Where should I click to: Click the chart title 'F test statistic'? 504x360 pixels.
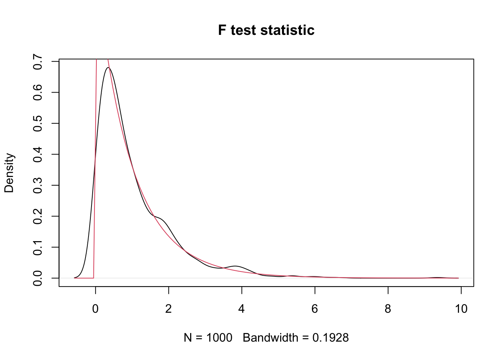266,30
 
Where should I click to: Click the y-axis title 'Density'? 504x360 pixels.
9,173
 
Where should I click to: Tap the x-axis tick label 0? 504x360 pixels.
96,309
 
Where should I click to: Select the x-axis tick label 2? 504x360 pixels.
169,309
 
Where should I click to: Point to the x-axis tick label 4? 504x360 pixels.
241,309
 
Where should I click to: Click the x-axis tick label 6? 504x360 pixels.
315,309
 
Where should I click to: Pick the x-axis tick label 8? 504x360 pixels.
388,309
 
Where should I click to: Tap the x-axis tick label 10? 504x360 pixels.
461,309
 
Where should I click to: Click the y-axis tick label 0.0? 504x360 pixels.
37,278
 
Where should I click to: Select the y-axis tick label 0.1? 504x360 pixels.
37,247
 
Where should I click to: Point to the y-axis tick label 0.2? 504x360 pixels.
37,216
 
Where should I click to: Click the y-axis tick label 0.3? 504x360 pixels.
37,185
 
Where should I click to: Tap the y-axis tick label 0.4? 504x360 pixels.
37,154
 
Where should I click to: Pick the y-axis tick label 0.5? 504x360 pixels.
37,123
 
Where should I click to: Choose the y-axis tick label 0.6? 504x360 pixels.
37,92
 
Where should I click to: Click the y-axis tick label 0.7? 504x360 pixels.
37,61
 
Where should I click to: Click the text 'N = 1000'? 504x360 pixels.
208,338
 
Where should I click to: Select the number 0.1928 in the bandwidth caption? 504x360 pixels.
330,338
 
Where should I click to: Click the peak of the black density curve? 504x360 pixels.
108,67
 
